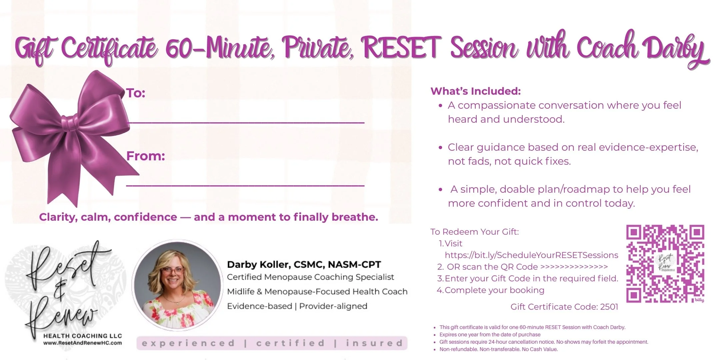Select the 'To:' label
click(x=136, y=93)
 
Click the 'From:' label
click(x=146, y=156)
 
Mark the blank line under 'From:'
click(x=245, y=185)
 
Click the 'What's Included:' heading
click(x=475, y=91)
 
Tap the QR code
click(x=665, y=264)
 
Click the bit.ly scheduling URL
click(x=531, y=255)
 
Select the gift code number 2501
click(x=609, y=307)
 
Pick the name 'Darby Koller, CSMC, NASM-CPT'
click(x=304, y=265)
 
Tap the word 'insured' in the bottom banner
click(x=374, y=343)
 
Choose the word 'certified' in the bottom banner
click(x=290, y=343)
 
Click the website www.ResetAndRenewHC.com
click(x=83, y=343)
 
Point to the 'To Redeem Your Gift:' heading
click(x=475, y=232)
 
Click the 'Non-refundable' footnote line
click(x=498, y=349)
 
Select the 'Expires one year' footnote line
click(x=490, y=335)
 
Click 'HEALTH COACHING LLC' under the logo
click(x=83, y=336)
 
